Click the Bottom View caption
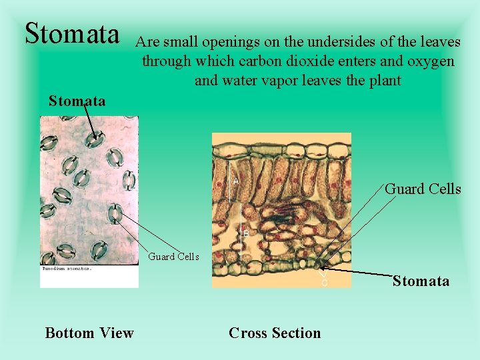coord(89,333)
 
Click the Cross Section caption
coord(275,333)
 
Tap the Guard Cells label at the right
coord(423,189)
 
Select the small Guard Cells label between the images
coord(173,256)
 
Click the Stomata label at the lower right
coord(421,281)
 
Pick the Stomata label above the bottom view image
coord(77,101)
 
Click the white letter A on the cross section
coord(236,181)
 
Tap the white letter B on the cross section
coord(245,233)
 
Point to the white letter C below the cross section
coord(325,283)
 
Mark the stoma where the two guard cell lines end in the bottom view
coord(117,214)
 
